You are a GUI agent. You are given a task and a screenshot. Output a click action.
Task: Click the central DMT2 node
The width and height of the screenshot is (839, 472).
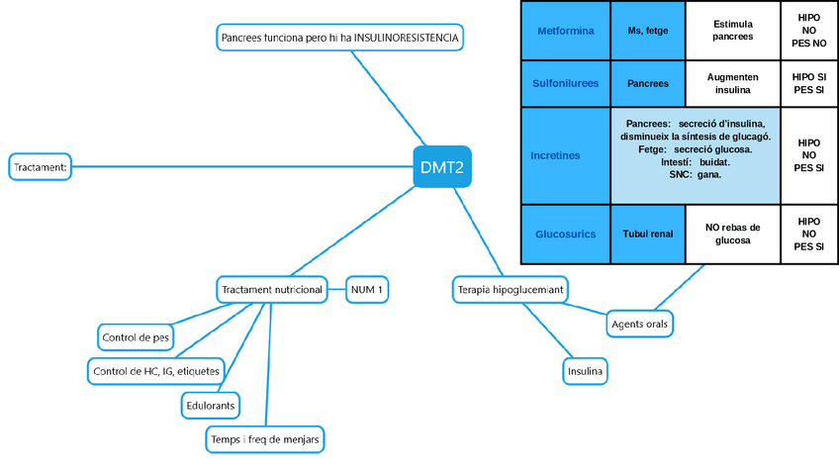[x=441, y=166]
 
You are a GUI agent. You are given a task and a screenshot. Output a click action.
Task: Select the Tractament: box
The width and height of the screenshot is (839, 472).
[x=41, y=167]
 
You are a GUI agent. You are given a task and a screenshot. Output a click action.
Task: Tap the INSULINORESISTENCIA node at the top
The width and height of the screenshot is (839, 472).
[x=339, y=38]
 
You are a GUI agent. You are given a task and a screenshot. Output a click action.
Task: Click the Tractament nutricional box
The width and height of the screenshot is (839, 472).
[x=272, y=289]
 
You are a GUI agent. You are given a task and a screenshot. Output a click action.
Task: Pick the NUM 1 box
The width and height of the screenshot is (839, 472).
[x=366, y=289]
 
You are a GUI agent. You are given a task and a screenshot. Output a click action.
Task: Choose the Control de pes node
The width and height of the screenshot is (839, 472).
[x=136, y=337]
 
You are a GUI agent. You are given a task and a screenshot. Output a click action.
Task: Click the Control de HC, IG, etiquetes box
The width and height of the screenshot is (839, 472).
[x=156, y=371]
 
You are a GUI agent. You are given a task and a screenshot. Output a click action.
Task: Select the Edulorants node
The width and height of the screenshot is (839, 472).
[x=211, y=405]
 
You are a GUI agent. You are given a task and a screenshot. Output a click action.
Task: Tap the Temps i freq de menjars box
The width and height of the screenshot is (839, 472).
[x=266, y=438]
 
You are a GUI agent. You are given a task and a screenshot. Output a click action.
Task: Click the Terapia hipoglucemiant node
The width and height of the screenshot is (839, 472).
[x=510, y=289]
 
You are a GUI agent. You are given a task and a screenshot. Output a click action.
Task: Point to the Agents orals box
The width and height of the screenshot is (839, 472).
[x=640, y=324]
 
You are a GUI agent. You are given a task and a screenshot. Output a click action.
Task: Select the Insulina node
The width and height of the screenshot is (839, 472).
[x=585, y=371]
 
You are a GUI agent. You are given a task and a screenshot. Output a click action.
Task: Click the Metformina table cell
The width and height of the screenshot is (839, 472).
[x=566, y=31]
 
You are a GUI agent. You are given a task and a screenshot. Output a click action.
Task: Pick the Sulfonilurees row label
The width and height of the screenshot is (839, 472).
[x=566, y=84]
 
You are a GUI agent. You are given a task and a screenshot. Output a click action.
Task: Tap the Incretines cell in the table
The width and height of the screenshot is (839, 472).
[x=555, y=155]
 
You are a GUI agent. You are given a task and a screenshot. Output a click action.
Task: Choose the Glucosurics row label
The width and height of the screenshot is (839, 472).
[x=566, y=235]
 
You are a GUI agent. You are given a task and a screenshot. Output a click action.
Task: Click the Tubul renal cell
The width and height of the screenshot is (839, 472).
[x=648, y=235]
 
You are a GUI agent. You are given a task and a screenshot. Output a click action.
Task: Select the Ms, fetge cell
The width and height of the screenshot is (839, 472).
[x=648, y=31]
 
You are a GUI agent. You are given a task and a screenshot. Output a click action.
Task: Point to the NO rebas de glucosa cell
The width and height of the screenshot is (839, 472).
[x=733, y=235]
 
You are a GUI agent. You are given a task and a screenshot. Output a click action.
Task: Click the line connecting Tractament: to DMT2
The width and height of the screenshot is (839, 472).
[x=237, y=166]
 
